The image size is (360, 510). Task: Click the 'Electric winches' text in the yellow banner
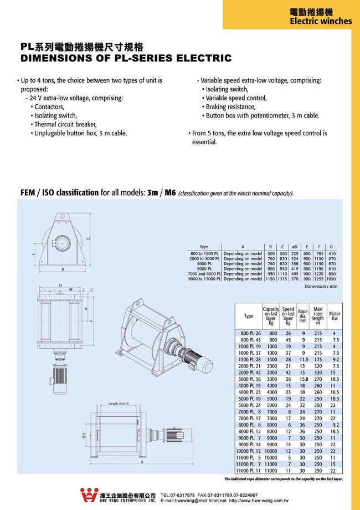pos(321,21)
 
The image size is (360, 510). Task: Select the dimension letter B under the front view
pos(63,270)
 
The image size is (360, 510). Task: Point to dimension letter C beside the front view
pos(88,239)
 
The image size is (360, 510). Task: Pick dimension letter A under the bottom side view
pos(142,462)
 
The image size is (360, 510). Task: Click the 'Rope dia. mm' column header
pos(303,316)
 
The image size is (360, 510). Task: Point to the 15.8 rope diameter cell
pos(304,379)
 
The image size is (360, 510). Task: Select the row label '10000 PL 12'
pos(249,452)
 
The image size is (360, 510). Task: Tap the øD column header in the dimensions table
pos(295,247)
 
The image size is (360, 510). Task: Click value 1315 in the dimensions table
pos(282,279)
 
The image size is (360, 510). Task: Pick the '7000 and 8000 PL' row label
pos(204,274)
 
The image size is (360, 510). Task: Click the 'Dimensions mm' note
pos(321,287)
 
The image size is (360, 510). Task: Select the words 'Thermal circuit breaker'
pos(68,124)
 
